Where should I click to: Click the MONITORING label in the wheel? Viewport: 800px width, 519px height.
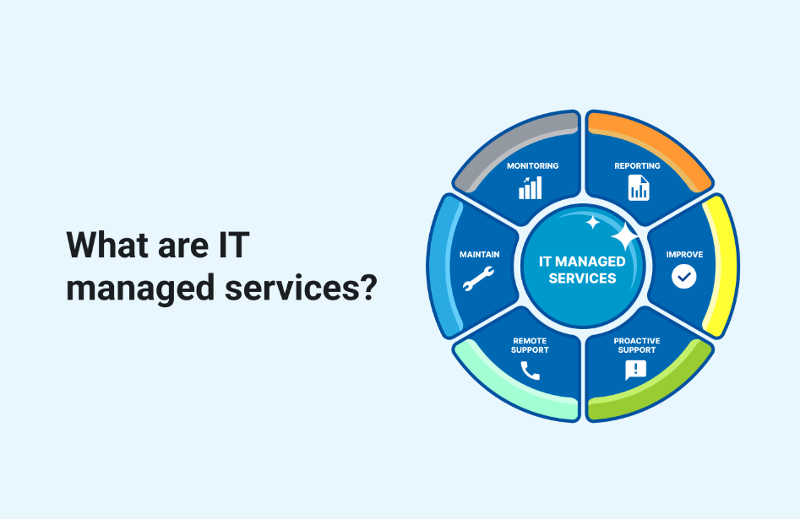532,166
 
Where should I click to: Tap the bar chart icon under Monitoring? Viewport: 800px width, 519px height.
531,188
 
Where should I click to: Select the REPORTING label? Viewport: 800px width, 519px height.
637,166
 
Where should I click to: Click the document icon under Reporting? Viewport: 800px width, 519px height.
639,188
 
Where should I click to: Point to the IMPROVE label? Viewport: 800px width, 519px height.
684,254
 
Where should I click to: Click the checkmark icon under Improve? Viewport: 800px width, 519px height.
684,276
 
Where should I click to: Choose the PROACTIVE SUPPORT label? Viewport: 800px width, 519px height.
637,345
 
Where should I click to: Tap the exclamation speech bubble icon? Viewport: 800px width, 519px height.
635,370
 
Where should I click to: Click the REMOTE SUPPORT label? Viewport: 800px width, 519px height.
530,345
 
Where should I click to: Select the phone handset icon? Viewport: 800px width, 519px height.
530,370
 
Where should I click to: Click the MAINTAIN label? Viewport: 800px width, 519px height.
479,254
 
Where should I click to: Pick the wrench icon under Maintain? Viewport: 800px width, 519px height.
478,278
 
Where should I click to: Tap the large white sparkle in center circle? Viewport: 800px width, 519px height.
624,237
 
